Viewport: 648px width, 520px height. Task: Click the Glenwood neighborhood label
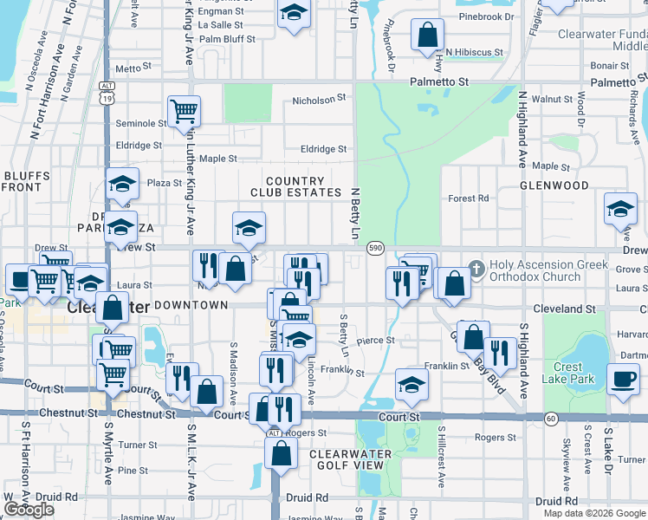554,185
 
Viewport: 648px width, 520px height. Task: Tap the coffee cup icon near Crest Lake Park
624,379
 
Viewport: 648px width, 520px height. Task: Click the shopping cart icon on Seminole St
184,110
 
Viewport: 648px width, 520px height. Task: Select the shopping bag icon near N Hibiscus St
428,36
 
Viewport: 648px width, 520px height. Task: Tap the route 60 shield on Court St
551,419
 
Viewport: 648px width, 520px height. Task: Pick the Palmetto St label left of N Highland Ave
439,81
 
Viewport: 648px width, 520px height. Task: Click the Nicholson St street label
319,101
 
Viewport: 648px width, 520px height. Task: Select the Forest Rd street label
469,198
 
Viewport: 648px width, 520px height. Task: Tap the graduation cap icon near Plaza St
123,184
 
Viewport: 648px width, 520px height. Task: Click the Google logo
29,510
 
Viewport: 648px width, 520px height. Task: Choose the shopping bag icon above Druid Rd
281,452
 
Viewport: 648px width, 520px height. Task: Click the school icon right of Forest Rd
620,209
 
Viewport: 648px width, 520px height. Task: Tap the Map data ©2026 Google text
594,513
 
